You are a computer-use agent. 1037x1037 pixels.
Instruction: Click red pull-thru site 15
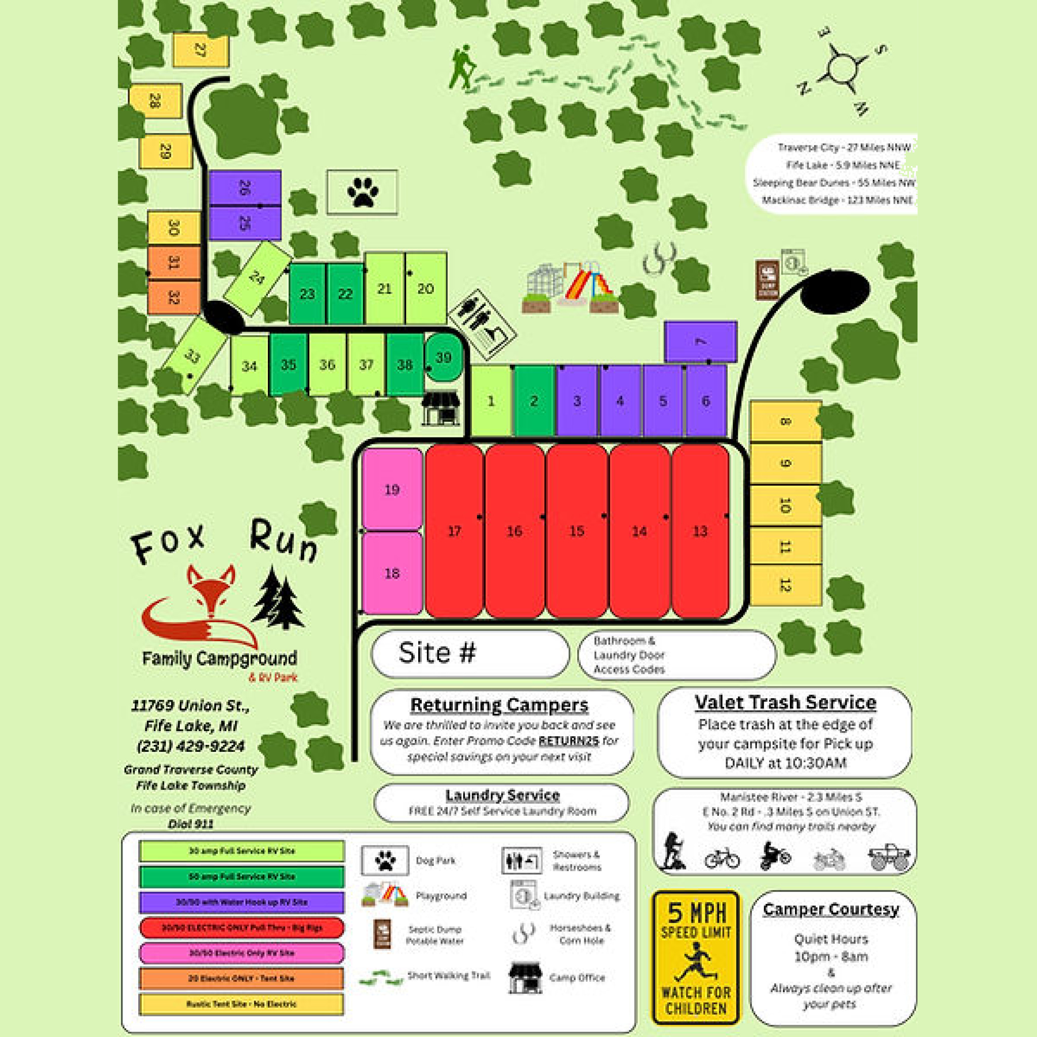point(576,531)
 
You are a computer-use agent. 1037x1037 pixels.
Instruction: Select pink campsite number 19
point(392,489)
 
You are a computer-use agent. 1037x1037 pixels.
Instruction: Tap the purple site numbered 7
point(700,342)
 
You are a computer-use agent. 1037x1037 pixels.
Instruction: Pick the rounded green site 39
point(444,358)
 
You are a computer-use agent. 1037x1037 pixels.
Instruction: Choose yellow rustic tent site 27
point(201,51)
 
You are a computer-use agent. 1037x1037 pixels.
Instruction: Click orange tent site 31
point(173,262)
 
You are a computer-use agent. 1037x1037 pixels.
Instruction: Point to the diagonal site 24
point(257,278)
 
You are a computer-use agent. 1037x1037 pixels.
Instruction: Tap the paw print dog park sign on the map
point(363,192)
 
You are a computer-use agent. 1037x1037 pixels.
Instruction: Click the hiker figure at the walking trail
point(462,67)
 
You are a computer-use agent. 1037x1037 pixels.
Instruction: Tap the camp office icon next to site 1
point(441,408)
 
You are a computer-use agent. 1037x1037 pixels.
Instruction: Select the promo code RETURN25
point(569,741)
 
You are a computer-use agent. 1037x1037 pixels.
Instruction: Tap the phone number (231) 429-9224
point(190,746)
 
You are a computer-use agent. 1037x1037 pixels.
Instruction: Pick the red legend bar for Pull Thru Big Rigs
point(242,928)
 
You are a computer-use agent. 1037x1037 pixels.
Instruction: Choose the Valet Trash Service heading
point(785,703)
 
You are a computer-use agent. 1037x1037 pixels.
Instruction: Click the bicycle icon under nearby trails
point(722,858)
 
